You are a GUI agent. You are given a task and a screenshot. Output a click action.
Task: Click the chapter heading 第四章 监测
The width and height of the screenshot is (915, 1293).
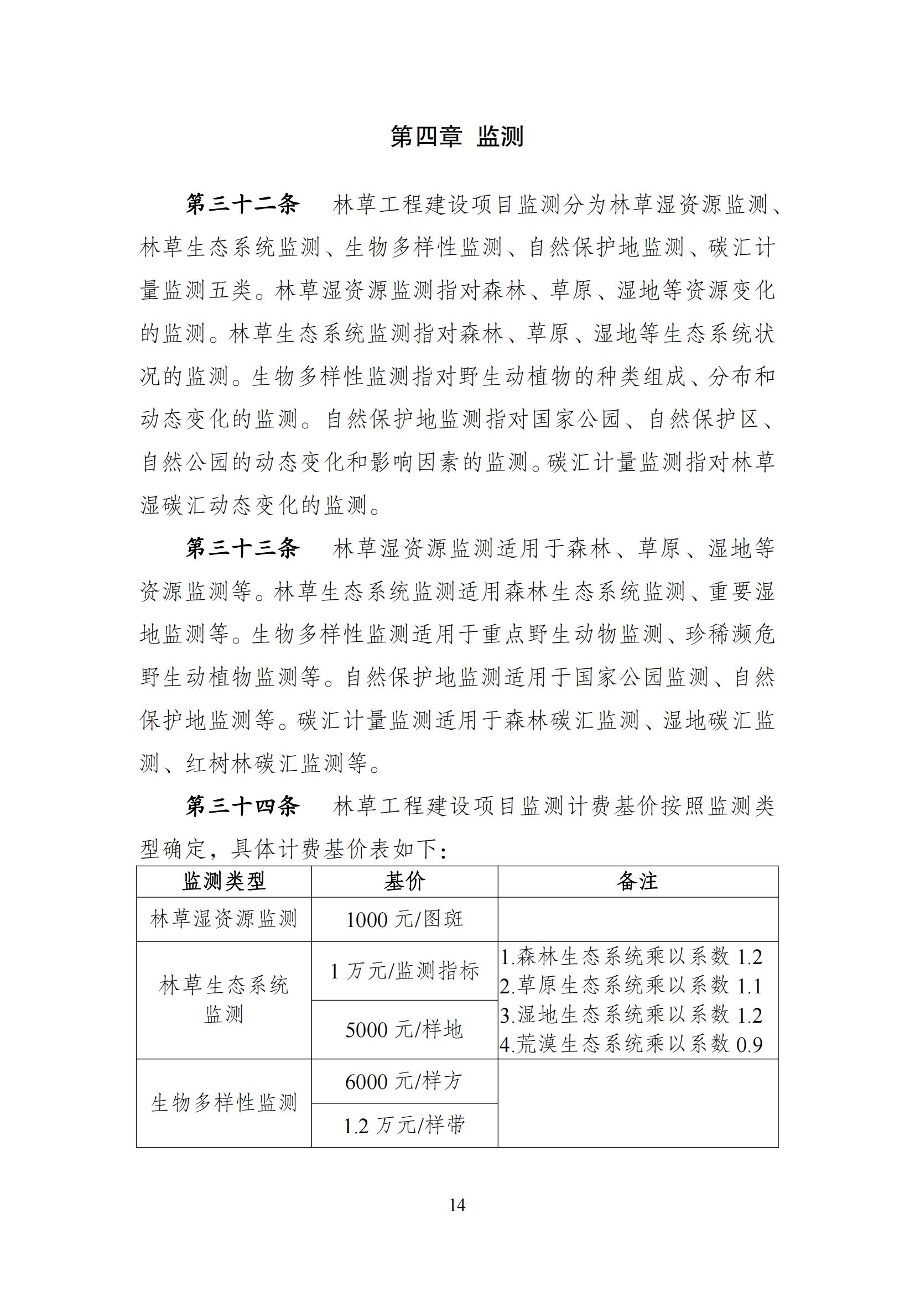pyautogui.click(x=457, y=137)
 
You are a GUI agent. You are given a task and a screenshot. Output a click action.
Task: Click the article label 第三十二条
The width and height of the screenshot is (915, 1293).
pyautogui.click(x=243, y=205)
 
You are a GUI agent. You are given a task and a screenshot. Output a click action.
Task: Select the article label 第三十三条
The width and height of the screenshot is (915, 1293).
pyautogui.click(x=243, y=548)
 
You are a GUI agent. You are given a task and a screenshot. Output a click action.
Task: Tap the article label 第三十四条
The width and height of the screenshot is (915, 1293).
pyautogui.click(x=243, y=807)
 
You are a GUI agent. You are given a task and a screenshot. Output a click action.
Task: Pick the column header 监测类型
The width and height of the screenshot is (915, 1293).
pyautogui.click(x=223, y=882)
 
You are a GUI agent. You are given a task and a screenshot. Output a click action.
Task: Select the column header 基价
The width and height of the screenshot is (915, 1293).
pyautogui.click(x=404, y=882)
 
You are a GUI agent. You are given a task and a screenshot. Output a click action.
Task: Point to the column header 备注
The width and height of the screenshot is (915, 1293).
pyautogui.click(x=637, y=882)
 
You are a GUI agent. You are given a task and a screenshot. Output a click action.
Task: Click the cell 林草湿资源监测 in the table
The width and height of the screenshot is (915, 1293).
pyautogui.click(x=223, y=919)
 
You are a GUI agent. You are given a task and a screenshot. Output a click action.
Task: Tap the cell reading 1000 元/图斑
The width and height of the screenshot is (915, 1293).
pyautogui.click(x=404, y=920)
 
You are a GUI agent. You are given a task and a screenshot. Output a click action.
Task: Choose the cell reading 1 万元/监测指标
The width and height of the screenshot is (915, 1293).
pyautogui.click(x=404, y=971)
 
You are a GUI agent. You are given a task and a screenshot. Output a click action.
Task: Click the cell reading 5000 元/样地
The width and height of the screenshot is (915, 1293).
pyautogui.click(x=404, y=1029)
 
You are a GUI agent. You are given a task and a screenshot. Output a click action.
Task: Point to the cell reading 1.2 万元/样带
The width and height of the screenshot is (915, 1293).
pyautogui.click(x=404, y=1125)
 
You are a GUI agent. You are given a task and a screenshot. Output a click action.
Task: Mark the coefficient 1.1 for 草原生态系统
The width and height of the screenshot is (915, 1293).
pyautogui.click(x=750, y=986)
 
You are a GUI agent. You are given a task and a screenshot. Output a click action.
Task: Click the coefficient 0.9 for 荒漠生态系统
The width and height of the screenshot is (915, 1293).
pyautogui.click(x=750, y=1045)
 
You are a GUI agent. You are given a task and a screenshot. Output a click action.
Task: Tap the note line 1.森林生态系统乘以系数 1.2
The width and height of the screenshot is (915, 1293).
pyautogui.click(x=631, y=957)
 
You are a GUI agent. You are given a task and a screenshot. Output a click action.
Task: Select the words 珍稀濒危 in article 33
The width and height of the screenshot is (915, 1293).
pyautogui.click(x=730, y=635)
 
